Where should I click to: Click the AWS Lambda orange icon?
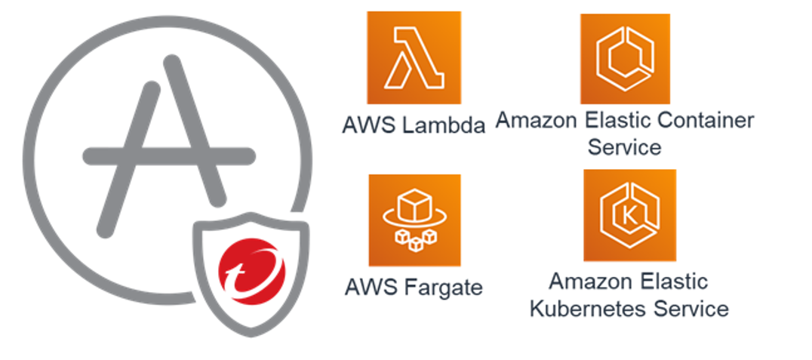click(x=413, y=58)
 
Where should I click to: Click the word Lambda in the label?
click(x=444, y=125)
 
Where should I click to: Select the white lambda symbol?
click(x=412, y=58)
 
